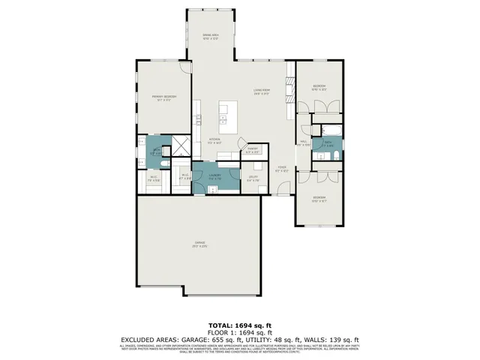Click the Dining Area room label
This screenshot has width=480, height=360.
click(x=210, y=35)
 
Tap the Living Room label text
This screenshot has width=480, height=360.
click(x=262, y=91)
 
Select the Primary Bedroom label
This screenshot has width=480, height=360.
click(x=165, y=97)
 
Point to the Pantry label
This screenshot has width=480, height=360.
click(x=253, y=150)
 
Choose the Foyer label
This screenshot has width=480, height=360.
click(x=281, y=168)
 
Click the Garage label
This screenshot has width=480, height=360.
click(x=200, y=244)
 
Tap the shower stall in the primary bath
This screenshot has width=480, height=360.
click(x=182, y=145)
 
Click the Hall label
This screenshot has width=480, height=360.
click(x=304, y=142)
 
